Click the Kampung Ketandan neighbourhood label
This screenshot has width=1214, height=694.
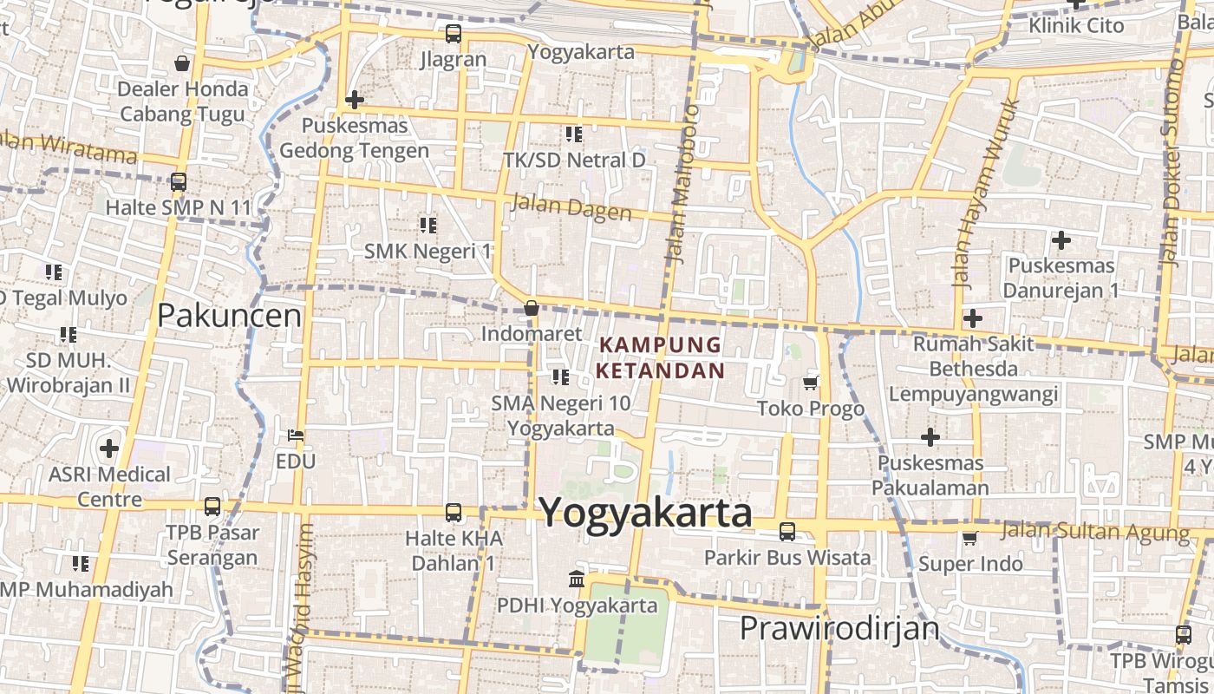pyautogui.click(x=661, y=357)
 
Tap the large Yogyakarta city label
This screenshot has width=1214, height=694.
pyautogui.click(x=646, y=513)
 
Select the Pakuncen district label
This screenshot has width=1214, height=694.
pyautogui.click(x=229, y=316)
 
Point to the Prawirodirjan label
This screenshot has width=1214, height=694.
pyautogui.click(x=839, y=628)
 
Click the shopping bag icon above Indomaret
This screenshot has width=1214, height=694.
pyautogui.click(x=532, y=308)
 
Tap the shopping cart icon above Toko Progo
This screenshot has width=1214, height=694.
pyautogui.click(x=811, y=383)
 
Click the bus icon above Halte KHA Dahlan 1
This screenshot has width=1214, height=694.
pyautogui.click(x=453, y=513)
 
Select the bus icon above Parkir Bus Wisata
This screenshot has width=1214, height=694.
pyautogui.click(x=787, y=532)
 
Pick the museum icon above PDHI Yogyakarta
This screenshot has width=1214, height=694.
pyautogui.click(x=576, y=579)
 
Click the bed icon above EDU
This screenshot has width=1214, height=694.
pyautogui.click(x=296, y=435)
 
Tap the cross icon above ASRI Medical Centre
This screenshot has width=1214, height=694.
pyautogui.click(x=108, y=448)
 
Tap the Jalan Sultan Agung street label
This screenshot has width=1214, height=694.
pyautogui.click(x=1095, y=531)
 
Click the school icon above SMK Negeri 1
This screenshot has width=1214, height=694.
pyautogui.click(x=428, y=226)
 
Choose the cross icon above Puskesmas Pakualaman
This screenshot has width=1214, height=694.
pyautogui.click(x=930, y=436)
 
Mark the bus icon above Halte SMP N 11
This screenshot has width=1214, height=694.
pyautogui.click(x=178, y=182)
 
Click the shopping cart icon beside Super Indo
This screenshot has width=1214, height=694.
pyautogui.click(x=969, y=539)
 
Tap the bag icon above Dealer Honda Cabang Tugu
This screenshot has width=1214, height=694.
pyautogui.click(x=182, y=63)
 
